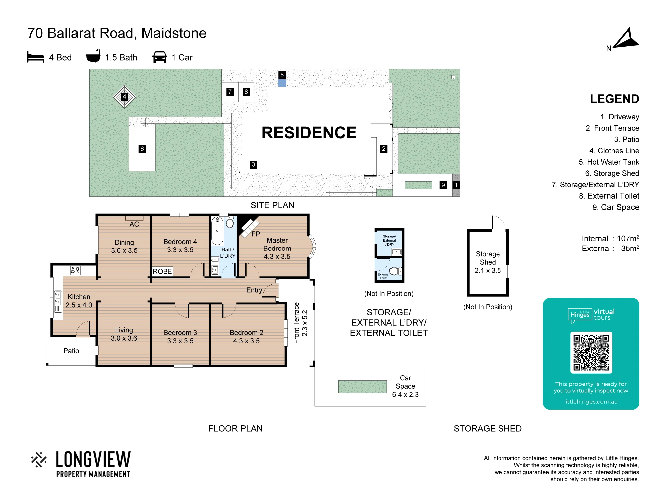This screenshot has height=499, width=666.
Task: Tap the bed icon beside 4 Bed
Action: (x=36, y=57)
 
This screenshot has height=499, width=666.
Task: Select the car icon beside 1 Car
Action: (x=160, y=57)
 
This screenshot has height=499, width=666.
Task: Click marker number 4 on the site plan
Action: (x=124, y=97)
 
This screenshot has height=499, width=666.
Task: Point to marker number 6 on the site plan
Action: (x=142, y=149)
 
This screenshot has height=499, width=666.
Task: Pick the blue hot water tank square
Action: (x=282, y=83)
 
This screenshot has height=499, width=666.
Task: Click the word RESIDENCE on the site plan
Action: (x=309, y=133)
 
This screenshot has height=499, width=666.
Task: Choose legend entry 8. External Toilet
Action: (x=609, y=196)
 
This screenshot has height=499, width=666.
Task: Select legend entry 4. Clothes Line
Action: (x=614, y=151)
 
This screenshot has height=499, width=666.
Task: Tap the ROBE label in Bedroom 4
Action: (x=162, y=271)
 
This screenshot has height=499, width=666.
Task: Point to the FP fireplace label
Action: (x=256, y=234)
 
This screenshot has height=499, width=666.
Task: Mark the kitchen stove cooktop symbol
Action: (x=75, y=270)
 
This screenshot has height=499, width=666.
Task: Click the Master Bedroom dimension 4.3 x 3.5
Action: (x=277, y=257)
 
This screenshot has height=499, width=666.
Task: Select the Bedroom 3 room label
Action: (x=180, y=333)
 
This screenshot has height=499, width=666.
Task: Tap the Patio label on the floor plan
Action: (x=71, y=351)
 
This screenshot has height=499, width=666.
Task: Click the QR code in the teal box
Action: (x=591, y=352)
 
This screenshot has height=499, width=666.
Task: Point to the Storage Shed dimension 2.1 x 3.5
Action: (x=488, y=271)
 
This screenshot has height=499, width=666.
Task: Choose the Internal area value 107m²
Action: (x=628, y=238)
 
